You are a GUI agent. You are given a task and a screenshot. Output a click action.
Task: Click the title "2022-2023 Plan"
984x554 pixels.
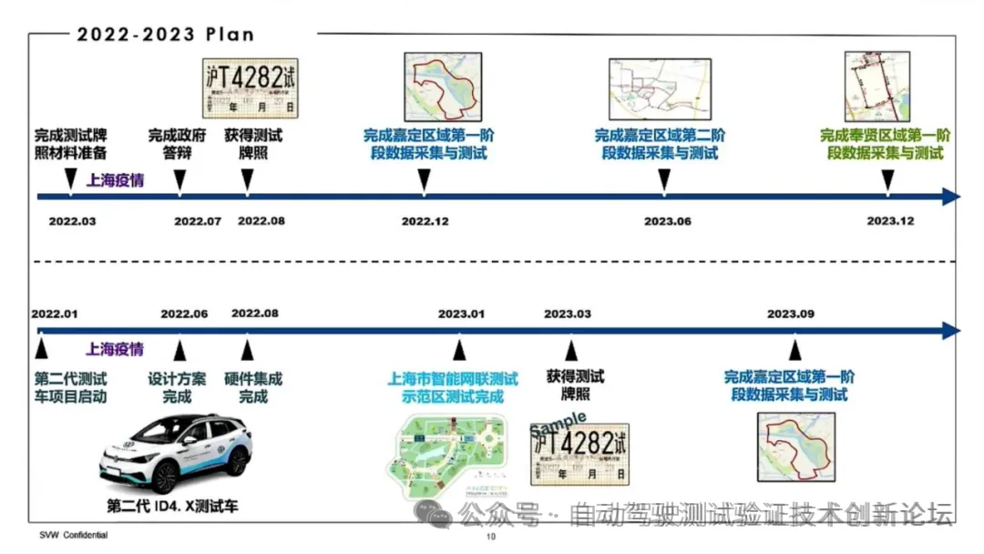pyautogui.click(x=165, y=35)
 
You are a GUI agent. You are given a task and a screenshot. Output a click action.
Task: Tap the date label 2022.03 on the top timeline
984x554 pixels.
pyautogui.click(x=72, y=221)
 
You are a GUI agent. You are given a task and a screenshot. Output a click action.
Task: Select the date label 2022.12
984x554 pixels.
pyautogui.click(x=425, y=221)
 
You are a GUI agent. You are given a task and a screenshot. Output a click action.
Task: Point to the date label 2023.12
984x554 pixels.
pyautogui.click(x=889, y=221)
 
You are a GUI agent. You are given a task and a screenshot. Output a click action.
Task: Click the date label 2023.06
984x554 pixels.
pyautogui.click(x=668, y=221)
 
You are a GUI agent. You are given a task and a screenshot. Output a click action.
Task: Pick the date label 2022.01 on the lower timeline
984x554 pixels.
pyautogui.click(x=56, y=313)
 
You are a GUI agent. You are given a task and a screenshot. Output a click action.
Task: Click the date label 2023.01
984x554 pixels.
pyautogui.click(x=461, y=313)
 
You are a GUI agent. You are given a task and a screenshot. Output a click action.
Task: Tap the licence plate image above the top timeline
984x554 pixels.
pyautogui.click(x=250, y=87)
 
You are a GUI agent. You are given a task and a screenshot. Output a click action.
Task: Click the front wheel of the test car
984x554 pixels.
pyautogui.click(x=165, y=477)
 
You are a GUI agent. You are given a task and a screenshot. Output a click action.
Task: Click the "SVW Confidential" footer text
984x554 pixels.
pyautogui.click(x=73, y=535)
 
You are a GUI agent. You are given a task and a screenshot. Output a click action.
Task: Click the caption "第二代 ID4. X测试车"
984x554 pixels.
pyautogui.click(x=172, y=507)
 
